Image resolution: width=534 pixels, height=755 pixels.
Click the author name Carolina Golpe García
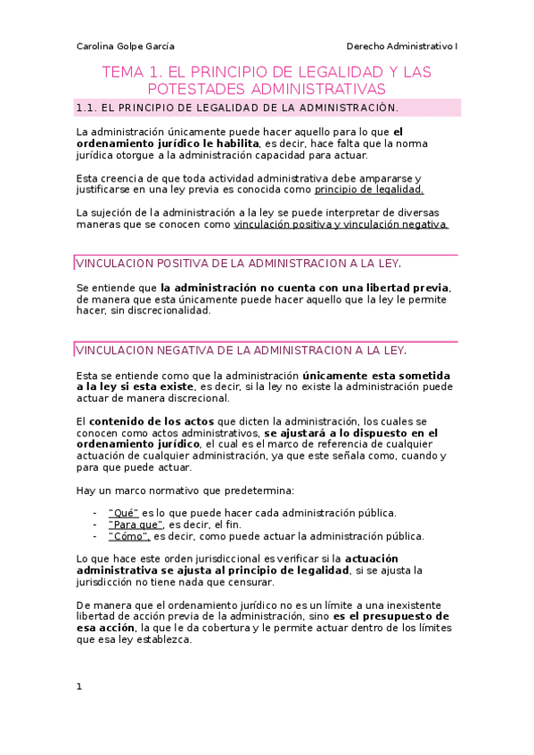(125, 46)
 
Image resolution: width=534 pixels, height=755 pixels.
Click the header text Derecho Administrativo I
(400, 46)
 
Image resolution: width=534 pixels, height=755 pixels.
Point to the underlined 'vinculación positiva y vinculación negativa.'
(341, 225)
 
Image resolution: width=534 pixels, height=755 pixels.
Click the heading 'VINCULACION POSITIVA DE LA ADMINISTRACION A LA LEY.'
(239, 264)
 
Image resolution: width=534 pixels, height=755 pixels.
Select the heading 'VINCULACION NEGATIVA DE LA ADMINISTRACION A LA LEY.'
(242, 350)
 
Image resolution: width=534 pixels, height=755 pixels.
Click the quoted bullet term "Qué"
(123, 513)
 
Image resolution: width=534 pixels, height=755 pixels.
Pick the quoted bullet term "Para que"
(136, 524)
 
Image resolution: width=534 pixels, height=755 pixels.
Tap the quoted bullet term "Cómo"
(128, 536)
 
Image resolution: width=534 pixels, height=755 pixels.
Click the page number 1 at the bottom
(79, 686)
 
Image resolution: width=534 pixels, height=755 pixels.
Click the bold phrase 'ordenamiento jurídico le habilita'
(168, 143)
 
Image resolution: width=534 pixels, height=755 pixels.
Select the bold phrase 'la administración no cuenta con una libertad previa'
(305, 288)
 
